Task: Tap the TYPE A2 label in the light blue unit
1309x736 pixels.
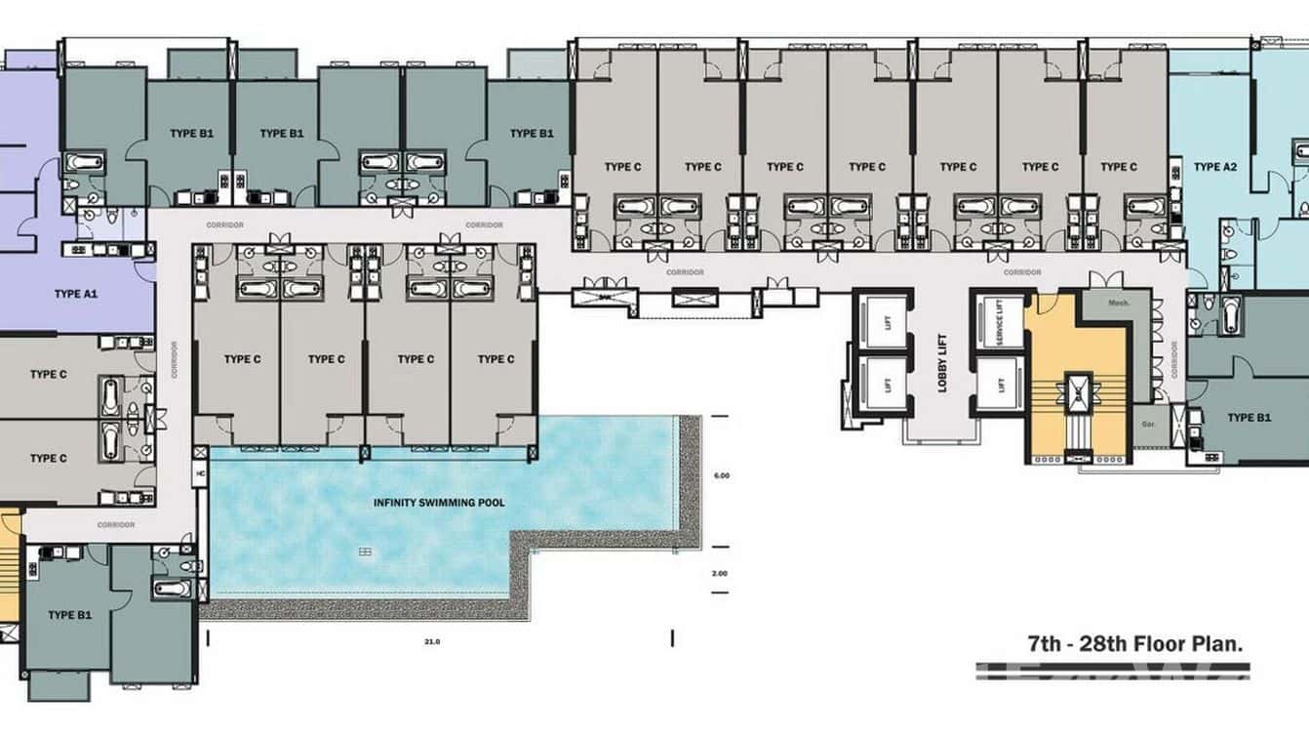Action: pyautogui.click(x=1214, y=167)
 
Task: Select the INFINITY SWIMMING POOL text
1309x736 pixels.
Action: pyautogui.click(x=438, y=504)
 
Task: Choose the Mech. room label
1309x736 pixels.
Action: pyautogui.click(x=1118, y=304)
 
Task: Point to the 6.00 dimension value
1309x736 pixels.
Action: pyautogui.click(x=722, y=475)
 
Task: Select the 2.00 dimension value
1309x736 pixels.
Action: pyautogui.click(x=720, y=573)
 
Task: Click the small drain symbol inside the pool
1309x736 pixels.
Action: pyautogui.click(x=365, y=552)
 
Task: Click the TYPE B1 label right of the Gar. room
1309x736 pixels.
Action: pyautogui.click(x=1249, y=418)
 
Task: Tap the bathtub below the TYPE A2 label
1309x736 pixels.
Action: pyautogui.click(x=1229, y=316)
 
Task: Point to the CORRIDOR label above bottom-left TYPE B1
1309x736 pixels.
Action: pyautogui.click(x=115, y=524)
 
